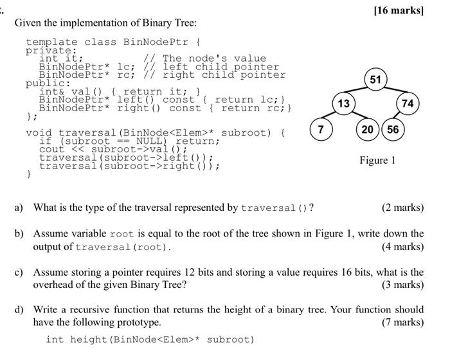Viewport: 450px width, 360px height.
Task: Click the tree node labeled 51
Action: click(375, 80)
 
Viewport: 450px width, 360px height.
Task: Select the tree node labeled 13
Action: click(344, 104)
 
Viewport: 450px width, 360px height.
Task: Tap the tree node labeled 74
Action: click(408, 104)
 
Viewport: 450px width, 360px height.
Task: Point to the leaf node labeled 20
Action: click(368, 129)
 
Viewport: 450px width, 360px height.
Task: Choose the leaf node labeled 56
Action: click(393, 129)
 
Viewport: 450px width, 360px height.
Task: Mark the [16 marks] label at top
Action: click(402, 11)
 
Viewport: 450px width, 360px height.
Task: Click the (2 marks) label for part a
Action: click(402, 208)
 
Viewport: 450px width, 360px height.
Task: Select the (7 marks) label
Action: click(402, 322)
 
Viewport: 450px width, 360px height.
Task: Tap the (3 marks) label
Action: click(402, 284)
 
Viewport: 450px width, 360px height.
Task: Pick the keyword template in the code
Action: click(52, 42)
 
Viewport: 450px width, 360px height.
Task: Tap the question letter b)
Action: click(20, 234)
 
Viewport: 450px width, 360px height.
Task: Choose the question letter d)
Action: click(20, 310)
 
